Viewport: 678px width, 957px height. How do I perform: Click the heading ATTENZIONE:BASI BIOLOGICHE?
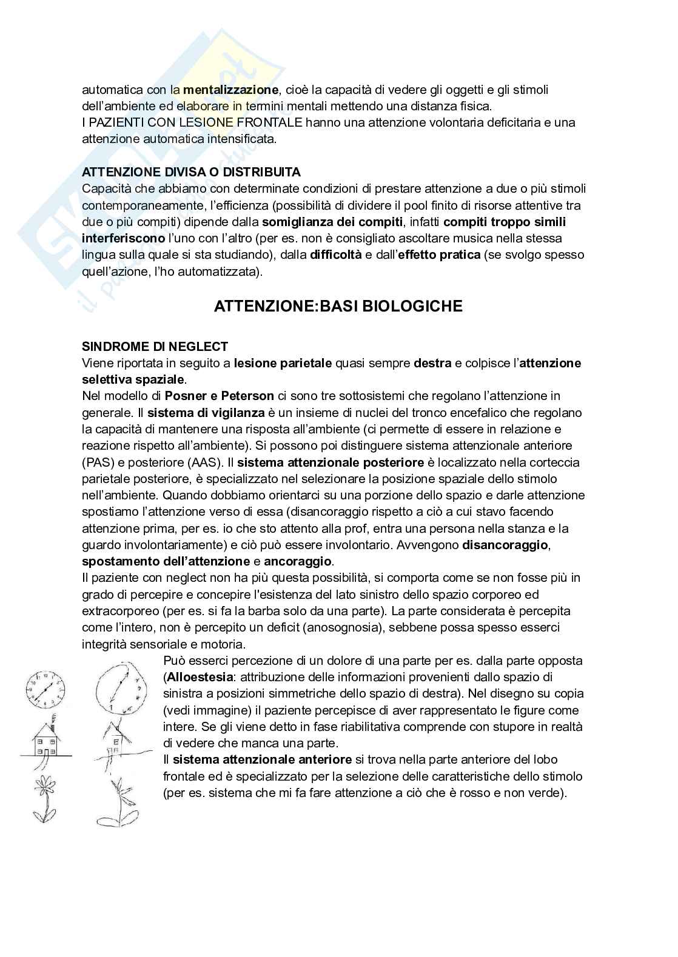[x=338, y=306]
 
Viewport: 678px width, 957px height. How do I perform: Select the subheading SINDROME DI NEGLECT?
[x=155, y=347]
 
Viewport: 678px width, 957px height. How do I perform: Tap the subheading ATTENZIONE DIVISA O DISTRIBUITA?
[x=191, y=172]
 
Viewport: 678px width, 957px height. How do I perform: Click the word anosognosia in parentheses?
[x=340, y=627]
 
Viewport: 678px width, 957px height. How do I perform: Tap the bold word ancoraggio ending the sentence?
[x=298, y=561]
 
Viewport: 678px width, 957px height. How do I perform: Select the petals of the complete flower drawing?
[x=44, y=789]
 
